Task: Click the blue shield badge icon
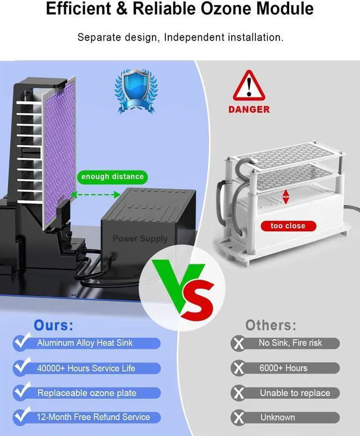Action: tap(136, 90)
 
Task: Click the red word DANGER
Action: tap(249, 110)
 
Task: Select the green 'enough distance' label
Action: tap(112, 177)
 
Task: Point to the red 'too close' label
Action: tap(287, 226)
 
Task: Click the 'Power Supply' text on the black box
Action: tap(140, 239)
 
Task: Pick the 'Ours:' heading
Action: tap(53, 325)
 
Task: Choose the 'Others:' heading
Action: tap(271, 325)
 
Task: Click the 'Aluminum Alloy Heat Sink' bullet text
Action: tap(85, 343)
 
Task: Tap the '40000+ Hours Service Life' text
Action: tap(86, 368)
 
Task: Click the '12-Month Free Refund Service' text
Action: tap(93, 417)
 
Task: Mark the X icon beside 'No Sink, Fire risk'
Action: tap(238, 343)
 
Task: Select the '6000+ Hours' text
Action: tap(283, 368)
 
